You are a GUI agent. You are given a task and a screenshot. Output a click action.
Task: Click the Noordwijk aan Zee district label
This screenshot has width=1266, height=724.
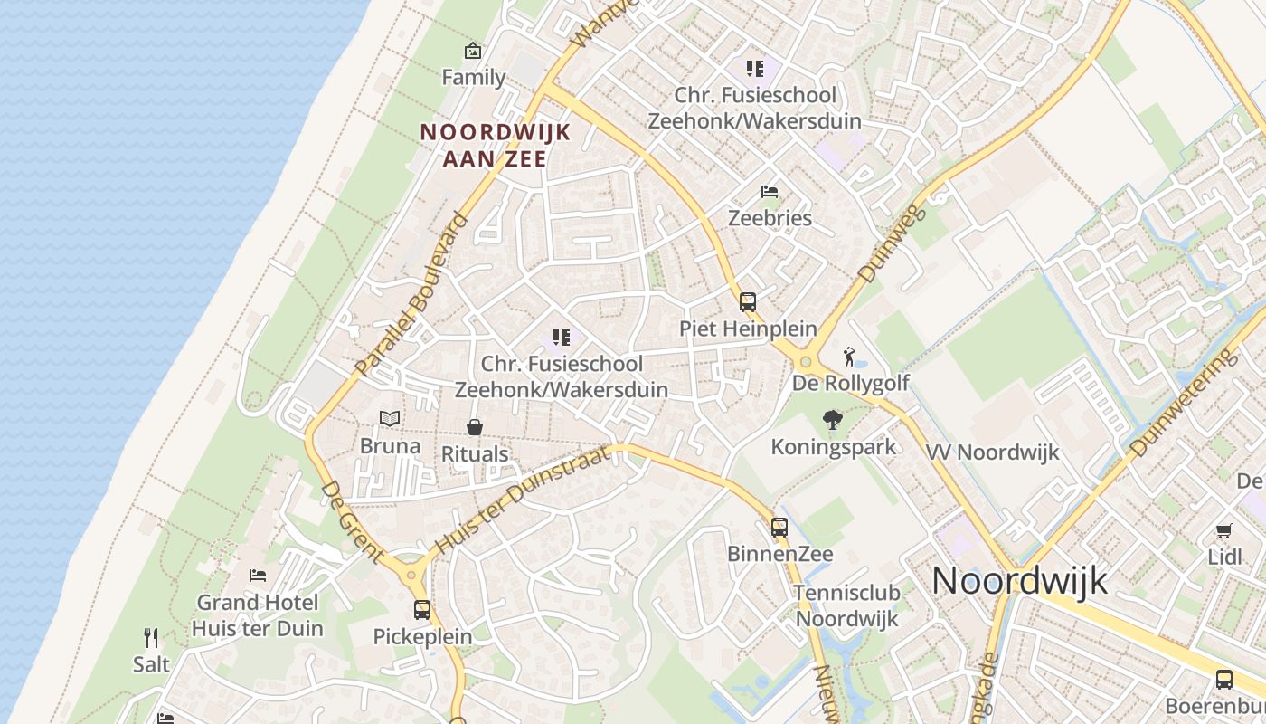tap(496, 145)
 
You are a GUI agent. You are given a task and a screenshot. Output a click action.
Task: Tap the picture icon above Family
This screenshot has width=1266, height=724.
tap(472, 51)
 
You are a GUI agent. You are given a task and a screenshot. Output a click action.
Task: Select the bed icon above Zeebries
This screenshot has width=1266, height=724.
tap(770, 192)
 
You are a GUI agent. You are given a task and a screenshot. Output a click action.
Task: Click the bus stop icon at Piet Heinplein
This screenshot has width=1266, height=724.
tap(748, 302)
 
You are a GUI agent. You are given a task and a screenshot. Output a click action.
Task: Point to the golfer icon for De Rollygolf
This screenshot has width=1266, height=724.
tap(848, 357)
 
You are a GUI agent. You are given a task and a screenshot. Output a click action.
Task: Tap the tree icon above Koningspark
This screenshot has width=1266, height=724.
tap(833, 420)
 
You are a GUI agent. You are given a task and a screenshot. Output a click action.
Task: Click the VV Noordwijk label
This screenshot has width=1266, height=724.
tap(992, 452)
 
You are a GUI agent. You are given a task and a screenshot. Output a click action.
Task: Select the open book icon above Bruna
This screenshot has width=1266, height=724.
tap(390, 419)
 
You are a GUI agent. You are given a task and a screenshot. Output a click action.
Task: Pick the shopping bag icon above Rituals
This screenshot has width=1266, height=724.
tap(474, 427)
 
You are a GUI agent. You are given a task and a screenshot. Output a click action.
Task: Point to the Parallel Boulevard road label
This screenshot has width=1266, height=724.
tap(412, 295)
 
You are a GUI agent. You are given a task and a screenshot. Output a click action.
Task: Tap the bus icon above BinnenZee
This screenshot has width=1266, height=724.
tap(779, 527)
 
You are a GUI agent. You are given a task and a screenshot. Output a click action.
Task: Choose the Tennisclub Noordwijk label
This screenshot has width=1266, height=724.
tap(846, 605)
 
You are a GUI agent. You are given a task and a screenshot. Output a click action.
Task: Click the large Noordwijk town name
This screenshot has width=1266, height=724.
tap(1019, 580)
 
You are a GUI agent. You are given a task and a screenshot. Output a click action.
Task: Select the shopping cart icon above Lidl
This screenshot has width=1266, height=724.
tap(1223, 530)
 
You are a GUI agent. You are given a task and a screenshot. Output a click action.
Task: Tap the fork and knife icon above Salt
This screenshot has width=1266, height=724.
tap(151, 638)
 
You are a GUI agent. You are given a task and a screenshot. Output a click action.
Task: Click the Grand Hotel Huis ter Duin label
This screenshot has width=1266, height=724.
tap(258, 615)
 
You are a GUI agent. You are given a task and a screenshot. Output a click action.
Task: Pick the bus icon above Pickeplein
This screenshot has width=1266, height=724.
tap(422, 610)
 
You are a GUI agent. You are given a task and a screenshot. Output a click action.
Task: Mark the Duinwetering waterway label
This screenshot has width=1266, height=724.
tap(1184, 403)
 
